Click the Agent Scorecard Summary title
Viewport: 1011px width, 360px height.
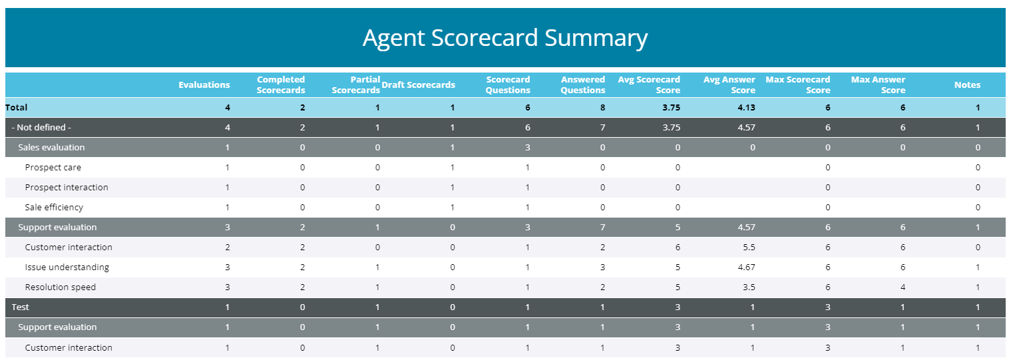(505, 38)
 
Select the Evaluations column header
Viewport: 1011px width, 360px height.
(204, 85)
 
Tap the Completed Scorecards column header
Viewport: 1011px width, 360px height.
(281, 85)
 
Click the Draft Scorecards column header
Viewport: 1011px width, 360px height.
(419, 85)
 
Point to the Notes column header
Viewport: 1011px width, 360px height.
(967, 85)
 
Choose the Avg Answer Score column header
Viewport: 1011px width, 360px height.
(729, 85)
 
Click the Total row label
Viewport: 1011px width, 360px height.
(17, 107)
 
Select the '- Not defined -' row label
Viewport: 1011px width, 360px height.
(41, 127)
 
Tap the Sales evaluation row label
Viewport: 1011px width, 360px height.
(51, 147)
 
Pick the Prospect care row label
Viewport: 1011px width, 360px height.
(53, 167)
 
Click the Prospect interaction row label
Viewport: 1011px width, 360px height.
(67, 187)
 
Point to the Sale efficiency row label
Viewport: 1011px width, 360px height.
(55, 207)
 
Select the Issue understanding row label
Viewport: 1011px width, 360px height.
(67, 267)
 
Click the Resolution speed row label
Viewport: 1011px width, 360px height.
(61, 287)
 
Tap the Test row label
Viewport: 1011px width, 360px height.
(21, 307)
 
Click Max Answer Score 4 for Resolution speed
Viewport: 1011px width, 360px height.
(903, 287)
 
